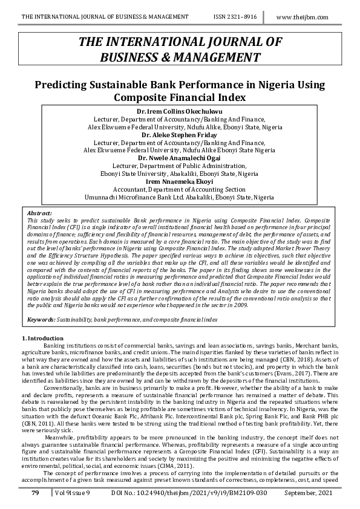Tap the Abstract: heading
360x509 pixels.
(40, 214)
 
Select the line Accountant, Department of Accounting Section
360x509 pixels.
(180, 189)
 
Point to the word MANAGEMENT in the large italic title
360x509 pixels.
(210, 57)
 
